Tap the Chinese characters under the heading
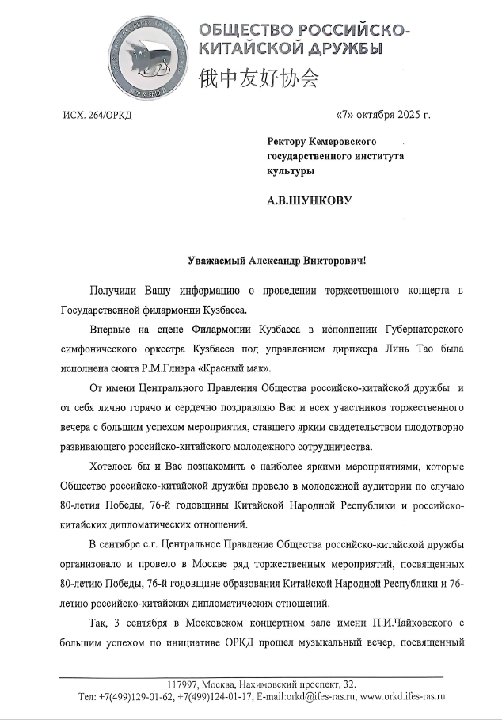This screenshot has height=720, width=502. pyautogui.click(x=257, y=78)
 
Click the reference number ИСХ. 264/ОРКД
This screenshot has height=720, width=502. pyautogui.click(x=97, y=116)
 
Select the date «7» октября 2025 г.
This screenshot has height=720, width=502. pyautogui.click(x=383, y=116)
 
